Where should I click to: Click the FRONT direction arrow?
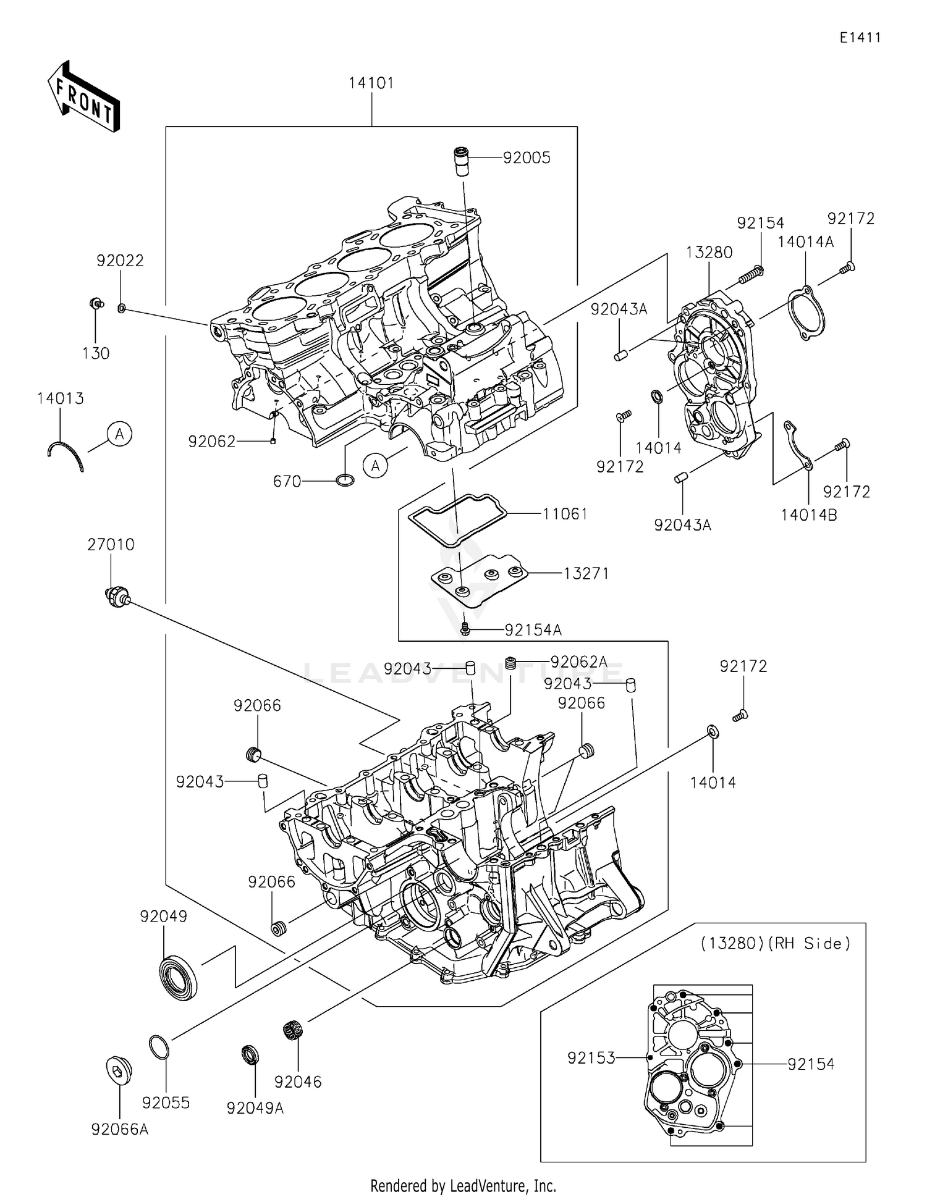tap(83, 98)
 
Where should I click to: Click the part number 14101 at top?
tap(371, 83)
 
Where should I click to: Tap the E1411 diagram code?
tap(860, 38)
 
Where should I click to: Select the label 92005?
tap(527, 158)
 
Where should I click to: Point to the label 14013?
tap(61, 398)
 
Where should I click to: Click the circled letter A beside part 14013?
tap(119, 434)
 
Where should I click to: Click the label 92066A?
tap(120, 1130)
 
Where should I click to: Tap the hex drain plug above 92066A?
tap(116, 1069)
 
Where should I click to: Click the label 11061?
tap(565, 514)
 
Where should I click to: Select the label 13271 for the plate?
tap(586, 574)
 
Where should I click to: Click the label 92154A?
tap(533, 630)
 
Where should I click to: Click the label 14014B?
tap(808, 514)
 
